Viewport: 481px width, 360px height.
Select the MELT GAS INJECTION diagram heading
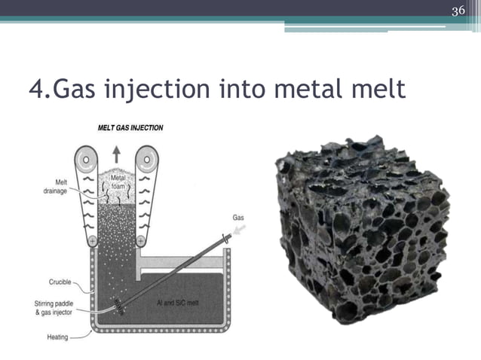[x=130, y=128]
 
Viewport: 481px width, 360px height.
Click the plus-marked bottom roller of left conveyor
[x=92, y=242]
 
